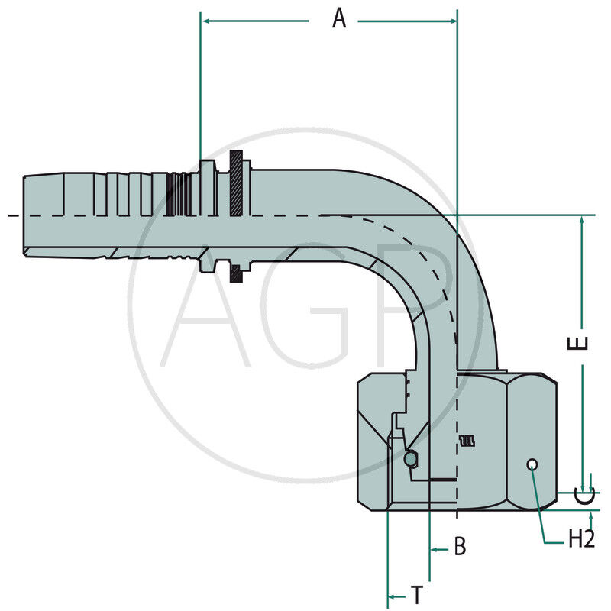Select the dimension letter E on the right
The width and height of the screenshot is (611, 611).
point(582,341)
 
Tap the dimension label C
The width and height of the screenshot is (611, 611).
point(584,497)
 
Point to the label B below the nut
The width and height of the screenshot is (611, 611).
point(460,547)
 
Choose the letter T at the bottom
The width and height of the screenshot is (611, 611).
point(417,595)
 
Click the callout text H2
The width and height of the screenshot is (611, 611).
point(581,539)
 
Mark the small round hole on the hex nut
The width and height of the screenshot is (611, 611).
point(532,465)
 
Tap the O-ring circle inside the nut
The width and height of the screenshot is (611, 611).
point(411,459)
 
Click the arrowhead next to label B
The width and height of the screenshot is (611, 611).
point(435,548)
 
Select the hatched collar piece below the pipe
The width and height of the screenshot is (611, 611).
point(237,268)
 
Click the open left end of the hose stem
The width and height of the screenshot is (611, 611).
point(24,216)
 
